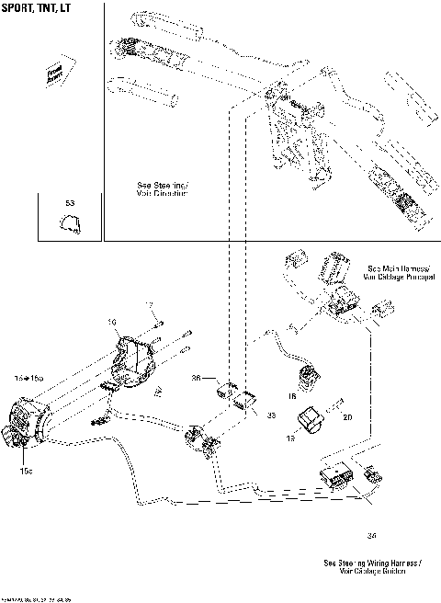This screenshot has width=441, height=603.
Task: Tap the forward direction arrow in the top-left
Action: point(57,74)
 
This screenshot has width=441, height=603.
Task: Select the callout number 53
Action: point(70,202)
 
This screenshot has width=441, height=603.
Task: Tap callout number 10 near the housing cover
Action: point(112,323)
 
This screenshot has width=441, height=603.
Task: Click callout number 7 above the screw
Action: point(147,304)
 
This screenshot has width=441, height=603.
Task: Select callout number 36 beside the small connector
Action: point(196,377)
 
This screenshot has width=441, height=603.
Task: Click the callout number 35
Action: point(270,415)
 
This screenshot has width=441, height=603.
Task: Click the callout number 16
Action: point(289,397)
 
